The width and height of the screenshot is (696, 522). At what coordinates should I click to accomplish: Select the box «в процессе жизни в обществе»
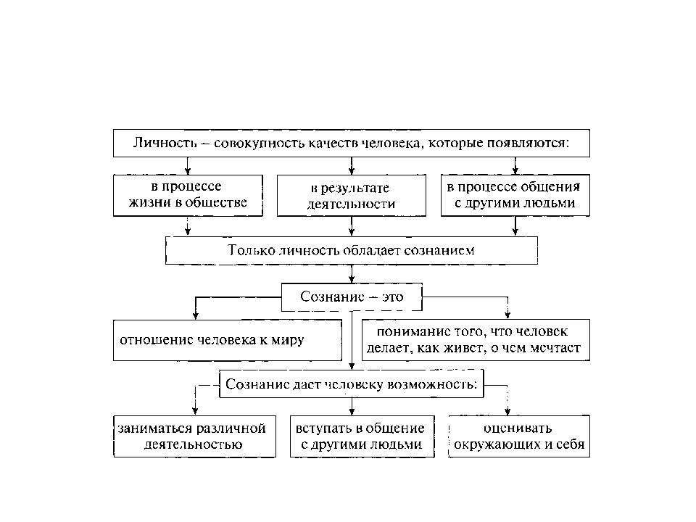click(188, 195)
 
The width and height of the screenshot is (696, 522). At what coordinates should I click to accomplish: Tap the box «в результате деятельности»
click(352, 195)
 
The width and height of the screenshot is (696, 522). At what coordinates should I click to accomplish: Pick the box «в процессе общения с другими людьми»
click(515, 195)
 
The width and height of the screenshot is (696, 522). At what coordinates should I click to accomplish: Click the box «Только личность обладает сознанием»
click(352, 250)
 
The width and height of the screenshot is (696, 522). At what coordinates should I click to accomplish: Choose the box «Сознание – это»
click(352, 297)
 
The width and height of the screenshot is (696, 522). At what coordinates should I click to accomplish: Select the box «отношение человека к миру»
click(228, 340)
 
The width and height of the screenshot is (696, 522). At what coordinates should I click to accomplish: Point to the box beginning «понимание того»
click(476, 340)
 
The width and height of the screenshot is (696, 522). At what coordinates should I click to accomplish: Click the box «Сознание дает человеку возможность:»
click(352, 384)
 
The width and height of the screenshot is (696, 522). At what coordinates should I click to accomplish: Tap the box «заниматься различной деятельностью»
click(194, 436)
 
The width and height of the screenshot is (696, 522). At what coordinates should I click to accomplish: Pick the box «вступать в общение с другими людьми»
click(362, 436)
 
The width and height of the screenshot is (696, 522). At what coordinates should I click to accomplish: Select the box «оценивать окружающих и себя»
click(519, 436)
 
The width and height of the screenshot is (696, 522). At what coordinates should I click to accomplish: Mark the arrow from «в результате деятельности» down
click(352, 226)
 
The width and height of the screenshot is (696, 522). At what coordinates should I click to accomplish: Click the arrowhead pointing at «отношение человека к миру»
click(196, 315)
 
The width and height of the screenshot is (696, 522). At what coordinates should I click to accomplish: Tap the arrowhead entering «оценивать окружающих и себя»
click(507, 412)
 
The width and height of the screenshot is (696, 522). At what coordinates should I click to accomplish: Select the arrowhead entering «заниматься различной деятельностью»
click(195, 412)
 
